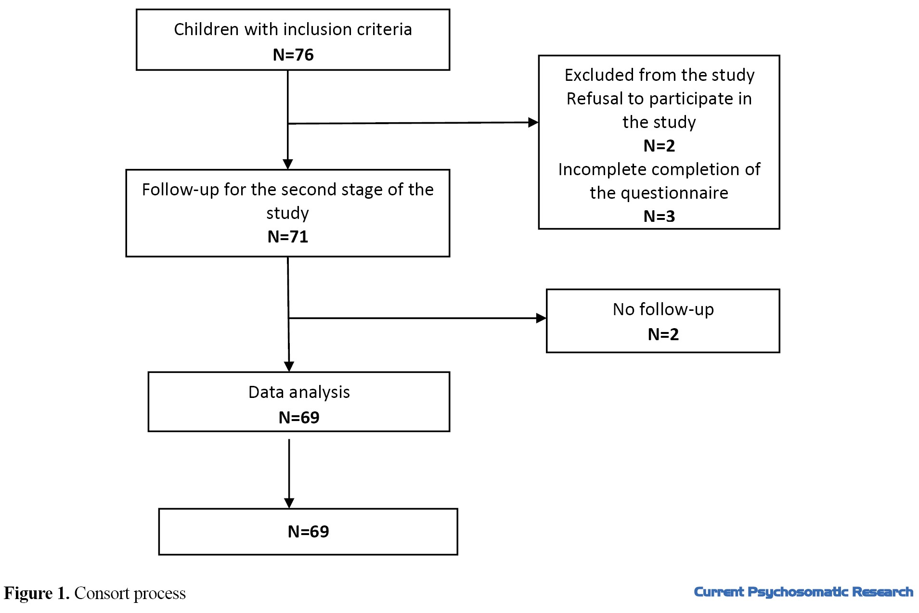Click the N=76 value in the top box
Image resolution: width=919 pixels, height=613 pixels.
tap(293, 55)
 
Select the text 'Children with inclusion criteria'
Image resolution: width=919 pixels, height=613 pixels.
tap(293, 29)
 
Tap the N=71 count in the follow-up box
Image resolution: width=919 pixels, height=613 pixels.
tap(288, 237)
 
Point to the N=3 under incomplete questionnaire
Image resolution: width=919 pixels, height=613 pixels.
tap(659, 217)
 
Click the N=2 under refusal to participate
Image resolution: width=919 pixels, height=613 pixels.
tap(659, 146)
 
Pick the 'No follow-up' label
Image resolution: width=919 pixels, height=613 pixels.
tap(663, 309)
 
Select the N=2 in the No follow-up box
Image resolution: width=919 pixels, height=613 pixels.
tap(663, 334)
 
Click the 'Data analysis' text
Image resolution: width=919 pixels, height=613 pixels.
tap(299, 393)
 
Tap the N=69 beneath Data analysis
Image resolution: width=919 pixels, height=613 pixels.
tap(299, 418)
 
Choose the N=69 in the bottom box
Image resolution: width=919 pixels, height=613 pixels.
tap(308, 532)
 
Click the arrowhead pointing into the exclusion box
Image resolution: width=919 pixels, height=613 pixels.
tap(533, 123)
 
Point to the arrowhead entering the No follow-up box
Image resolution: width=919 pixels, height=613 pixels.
tap(541, 318)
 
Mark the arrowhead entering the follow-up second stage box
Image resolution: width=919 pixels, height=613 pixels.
tap(288, 165)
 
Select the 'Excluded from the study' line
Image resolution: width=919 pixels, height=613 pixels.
tap(659, 75)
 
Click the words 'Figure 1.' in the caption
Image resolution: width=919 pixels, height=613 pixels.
tap(37, 594)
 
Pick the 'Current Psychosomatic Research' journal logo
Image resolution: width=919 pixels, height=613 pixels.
tap(803, 592)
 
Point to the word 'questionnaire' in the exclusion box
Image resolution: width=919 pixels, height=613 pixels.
tap(674, 193)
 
